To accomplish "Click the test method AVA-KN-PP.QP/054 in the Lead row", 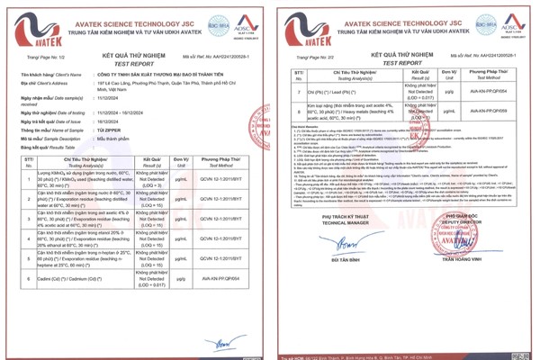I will coord(488,91).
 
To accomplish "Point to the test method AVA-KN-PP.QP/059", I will coord(488,111).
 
